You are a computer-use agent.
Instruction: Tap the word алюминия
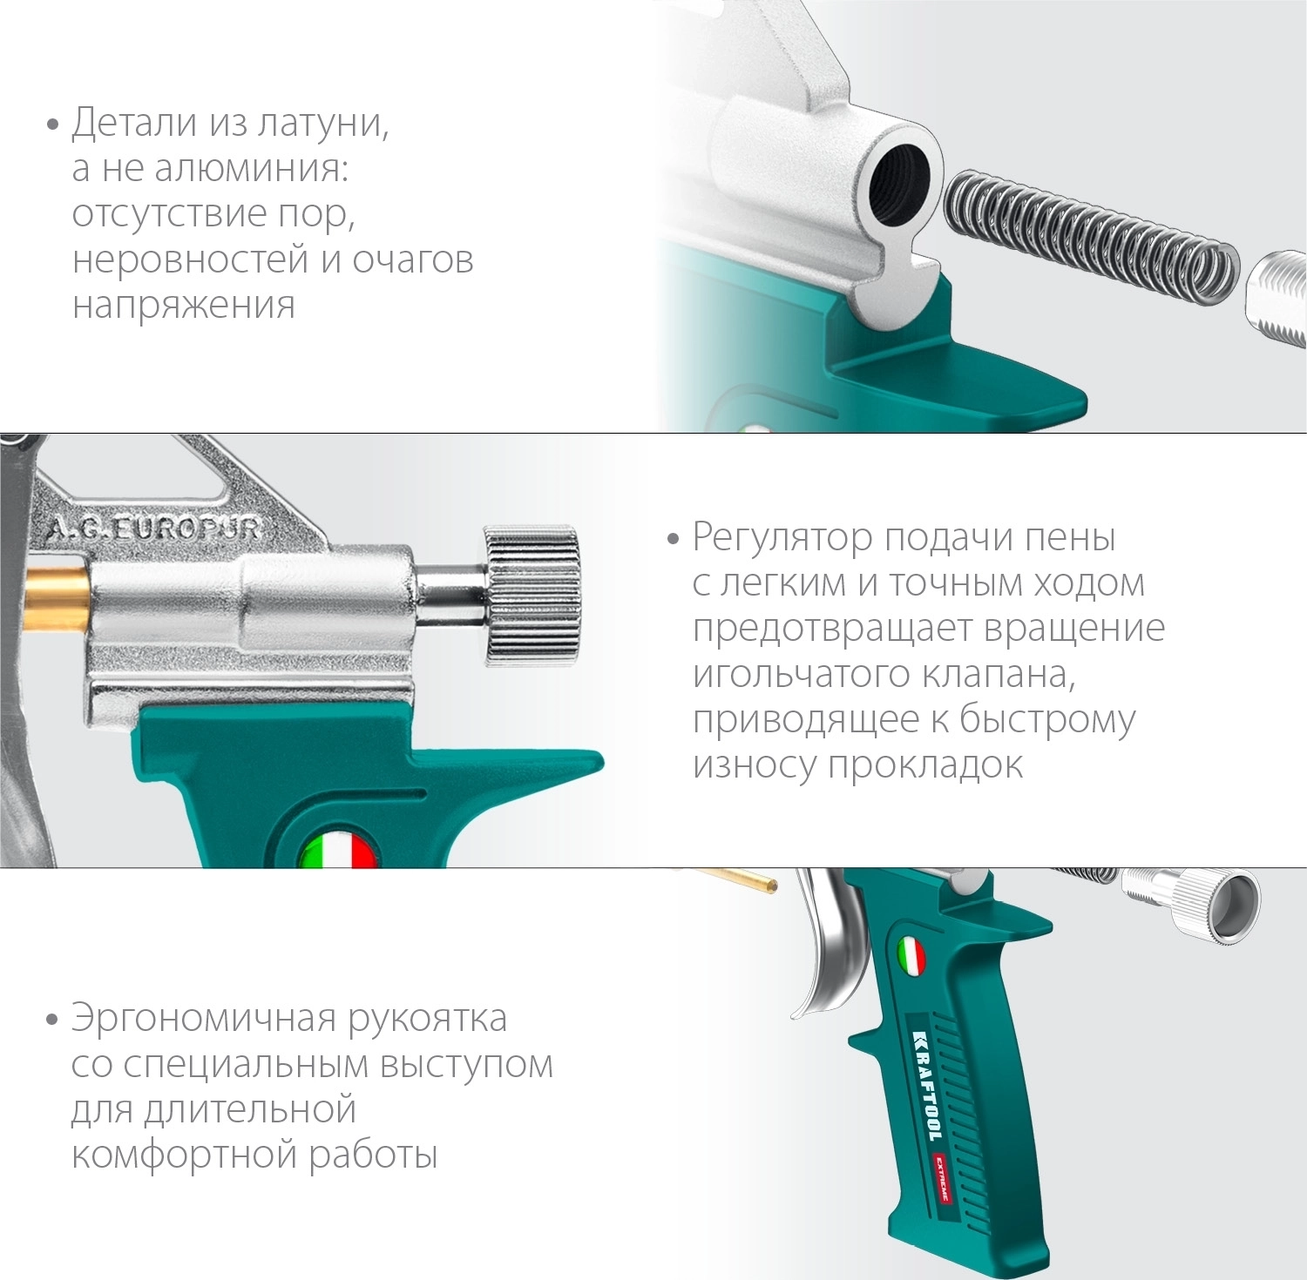click(x=252, y=168)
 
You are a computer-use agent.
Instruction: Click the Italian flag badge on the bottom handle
click(x=911, y=956)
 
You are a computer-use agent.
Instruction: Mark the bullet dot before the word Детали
click(x=52, y=125)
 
